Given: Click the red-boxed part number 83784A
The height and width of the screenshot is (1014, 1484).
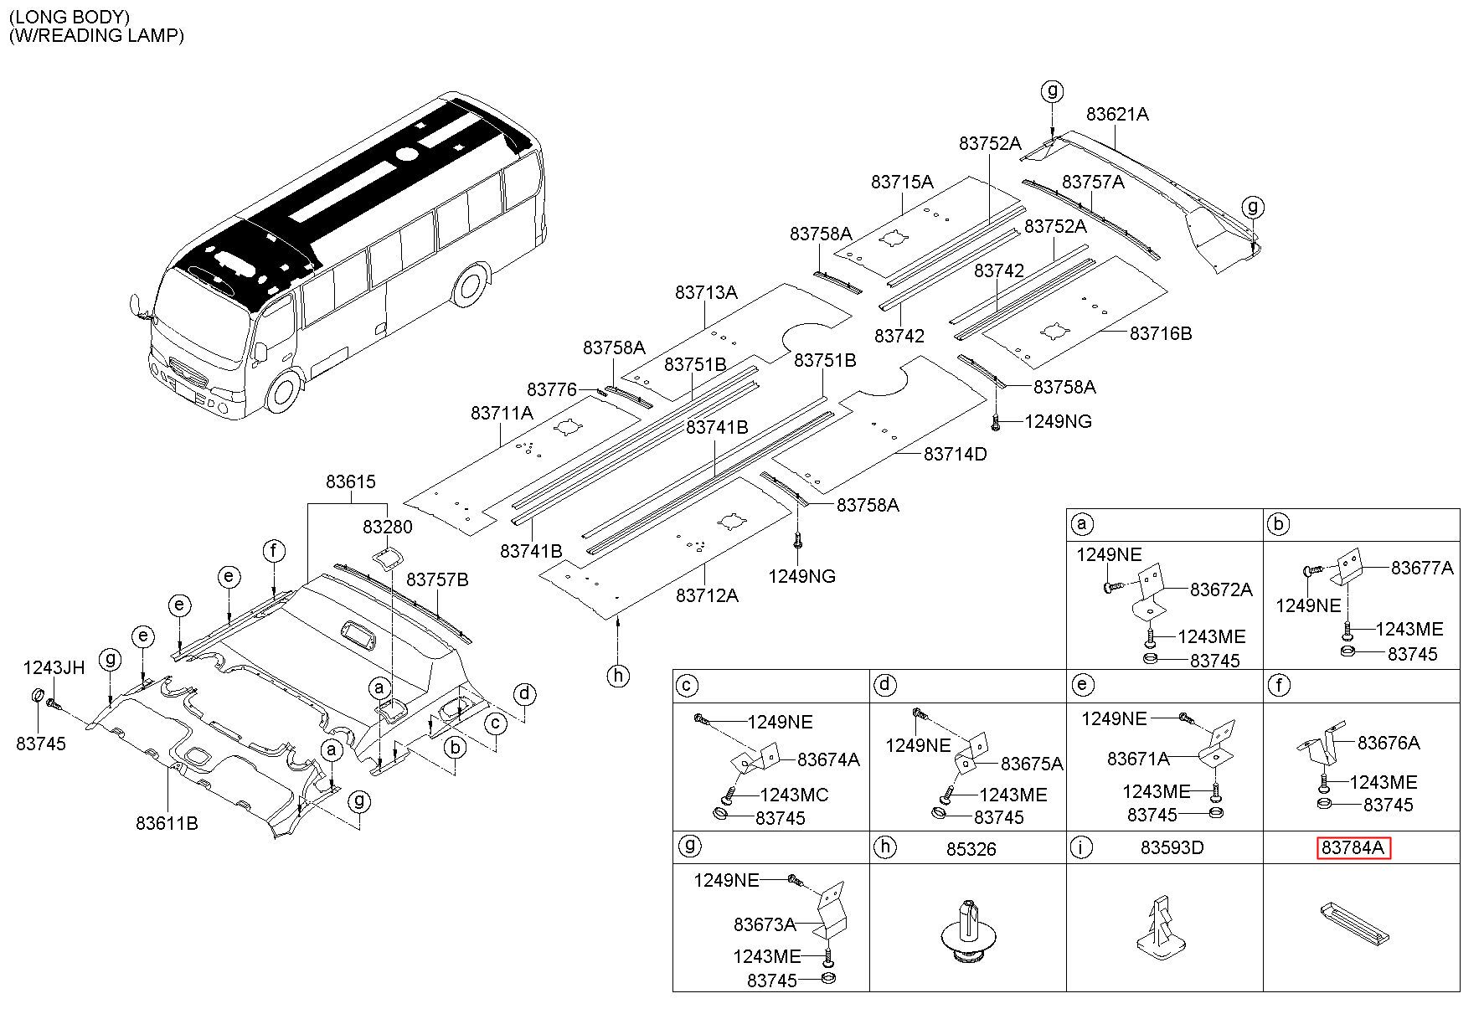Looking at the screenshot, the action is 1353,848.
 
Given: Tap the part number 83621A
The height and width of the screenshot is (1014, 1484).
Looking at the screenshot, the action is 1117,114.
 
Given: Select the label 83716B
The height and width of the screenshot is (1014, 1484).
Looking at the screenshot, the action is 1161,333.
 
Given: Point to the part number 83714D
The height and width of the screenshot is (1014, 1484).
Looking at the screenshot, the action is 956,454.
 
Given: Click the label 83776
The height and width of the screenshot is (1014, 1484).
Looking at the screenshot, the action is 552,389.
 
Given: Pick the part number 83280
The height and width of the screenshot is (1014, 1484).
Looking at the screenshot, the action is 388,528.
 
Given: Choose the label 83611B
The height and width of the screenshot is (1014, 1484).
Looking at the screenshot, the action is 167,823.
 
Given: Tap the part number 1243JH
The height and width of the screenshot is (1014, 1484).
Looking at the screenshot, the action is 54,667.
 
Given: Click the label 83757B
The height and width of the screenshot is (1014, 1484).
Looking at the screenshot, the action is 437,579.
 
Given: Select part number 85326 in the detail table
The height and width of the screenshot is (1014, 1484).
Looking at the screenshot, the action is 971,849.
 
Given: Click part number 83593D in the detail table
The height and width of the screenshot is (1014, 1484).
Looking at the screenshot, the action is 1172,848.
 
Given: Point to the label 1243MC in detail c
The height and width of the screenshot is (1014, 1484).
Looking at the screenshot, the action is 795,795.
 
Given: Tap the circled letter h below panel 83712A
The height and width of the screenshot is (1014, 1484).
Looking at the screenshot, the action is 617,676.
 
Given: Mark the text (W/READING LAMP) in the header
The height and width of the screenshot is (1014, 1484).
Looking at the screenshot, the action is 95,35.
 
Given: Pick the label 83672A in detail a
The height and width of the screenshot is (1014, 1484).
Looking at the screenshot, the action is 1221,589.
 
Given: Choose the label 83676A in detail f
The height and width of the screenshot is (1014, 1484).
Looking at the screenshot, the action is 1389,743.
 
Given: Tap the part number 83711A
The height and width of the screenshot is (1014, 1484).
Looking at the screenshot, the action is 502,413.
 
